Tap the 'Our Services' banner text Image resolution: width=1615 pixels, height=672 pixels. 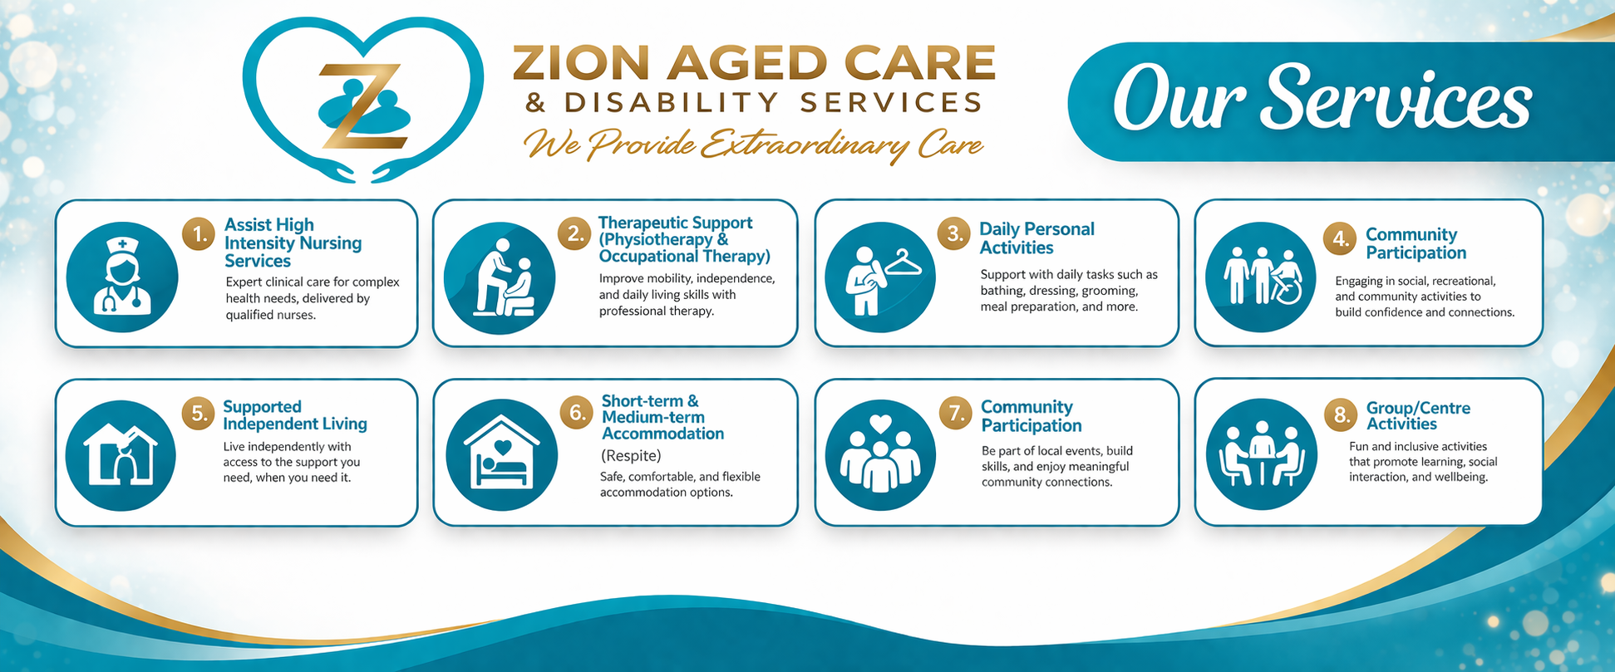(x=1322, y=99)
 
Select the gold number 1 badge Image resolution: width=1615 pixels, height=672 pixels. (x=199, y=235)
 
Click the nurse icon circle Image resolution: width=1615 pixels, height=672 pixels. (x=122, y=277)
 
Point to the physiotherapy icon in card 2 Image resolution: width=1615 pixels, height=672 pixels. (x=500, y=277)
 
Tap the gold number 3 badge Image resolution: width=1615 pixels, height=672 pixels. (x=955, y=234)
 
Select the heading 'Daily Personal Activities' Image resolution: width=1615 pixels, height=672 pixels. (x=1036, y=238)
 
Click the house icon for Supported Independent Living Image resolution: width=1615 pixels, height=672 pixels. (x=121, y=454)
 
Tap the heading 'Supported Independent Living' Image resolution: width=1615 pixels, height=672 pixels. (x=295, y=415)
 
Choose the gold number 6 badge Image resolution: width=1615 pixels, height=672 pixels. (x=576, y=412)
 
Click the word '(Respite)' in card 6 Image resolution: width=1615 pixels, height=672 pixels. (x=631, y=455)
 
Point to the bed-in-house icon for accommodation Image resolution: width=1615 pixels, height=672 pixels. (x=501, y=454)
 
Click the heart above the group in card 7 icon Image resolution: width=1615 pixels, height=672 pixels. (x=880, y=424)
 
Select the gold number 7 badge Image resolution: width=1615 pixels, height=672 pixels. (x=956, y=412)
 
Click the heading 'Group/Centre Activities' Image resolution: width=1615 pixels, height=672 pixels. (x=1418, y=415)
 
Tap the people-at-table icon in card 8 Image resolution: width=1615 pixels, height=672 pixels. (x=1261, y=454)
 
